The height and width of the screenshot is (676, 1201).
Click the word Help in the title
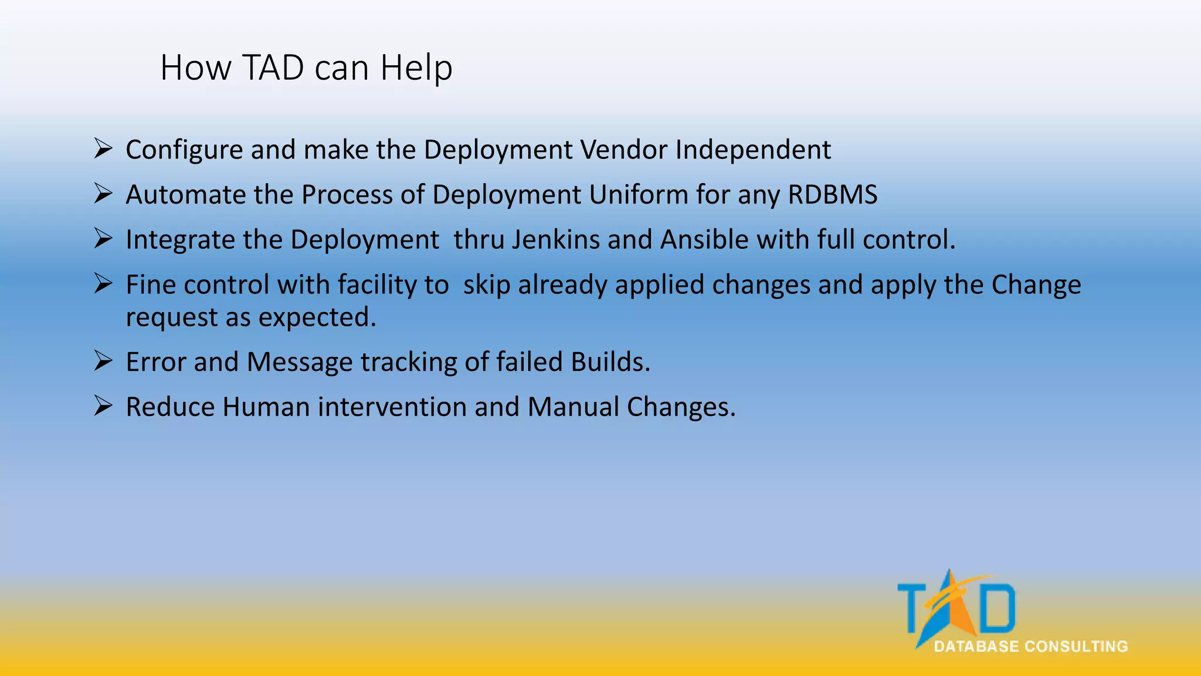click(x=416, y=67)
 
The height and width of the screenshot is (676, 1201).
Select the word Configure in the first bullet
click(x=184, y=150)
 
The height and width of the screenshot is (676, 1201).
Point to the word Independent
click(x=753, y=150)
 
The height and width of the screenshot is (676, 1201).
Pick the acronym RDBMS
click(x=832, y=195)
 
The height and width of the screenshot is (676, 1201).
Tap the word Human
click(x=266, y=407)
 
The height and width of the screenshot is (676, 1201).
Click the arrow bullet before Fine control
click(x=103, y=284)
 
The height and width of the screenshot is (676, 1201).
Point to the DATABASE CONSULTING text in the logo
click(x=1030, y=647)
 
